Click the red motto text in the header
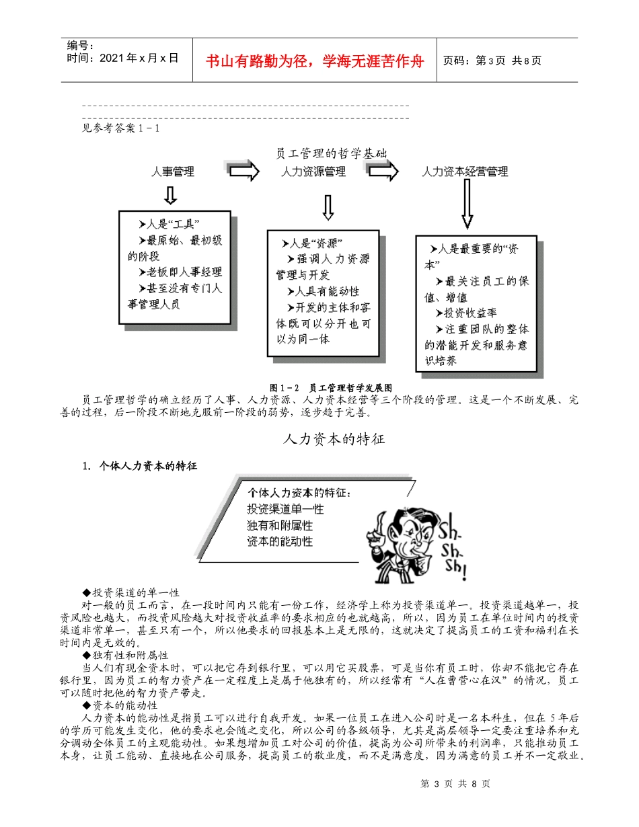pos(315,61)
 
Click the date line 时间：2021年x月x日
pos(123,58)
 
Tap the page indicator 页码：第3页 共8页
pos(492,61)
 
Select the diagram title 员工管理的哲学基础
pos(332,153)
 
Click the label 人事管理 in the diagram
pos(173,171)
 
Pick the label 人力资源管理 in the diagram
pos(313,172)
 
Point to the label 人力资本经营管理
pos(465,172)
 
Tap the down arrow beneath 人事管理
pos(171,195)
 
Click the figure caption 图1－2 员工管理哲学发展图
pos(330,387)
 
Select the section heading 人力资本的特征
pos(334,439)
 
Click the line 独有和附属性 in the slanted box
pos(280,524)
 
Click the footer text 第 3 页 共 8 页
pos(455,784)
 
